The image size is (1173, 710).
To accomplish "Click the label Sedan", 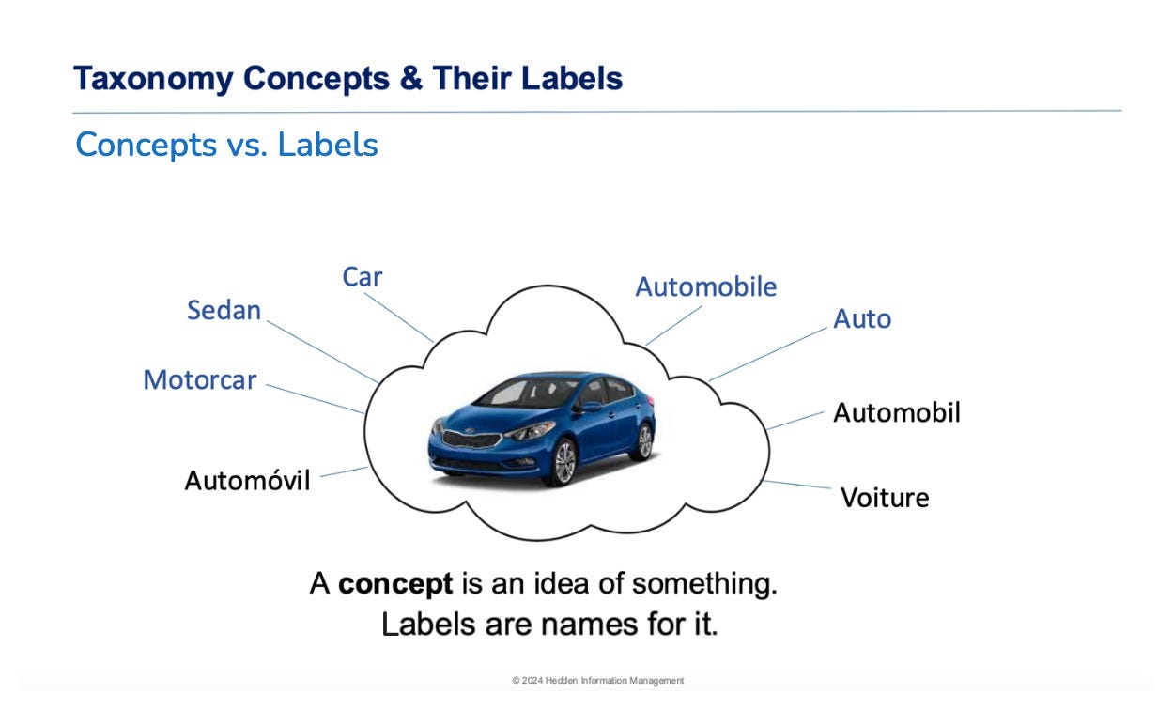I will (224, 310).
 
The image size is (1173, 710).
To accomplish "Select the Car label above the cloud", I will (363, 277).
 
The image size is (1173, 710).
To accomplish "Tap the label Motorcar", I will (199, 380).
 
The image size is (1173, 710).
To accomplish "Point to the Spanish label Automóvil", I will (247, 481).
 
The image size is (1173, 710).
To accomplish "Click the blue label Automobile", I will (706, 286).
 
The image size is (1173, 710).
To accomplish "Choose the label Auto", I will (862, 319).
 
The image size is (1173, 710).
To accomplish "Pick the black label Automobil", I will (897, 412).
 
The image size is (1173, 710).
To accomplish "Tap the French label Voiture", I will (885, 497).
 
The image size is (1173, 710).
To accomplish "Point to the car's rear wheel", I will (643, 441).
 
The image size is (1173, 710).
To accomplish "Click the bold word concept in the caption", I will (395, 584).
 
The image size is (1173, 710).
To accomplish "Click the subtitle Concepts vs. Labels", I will (226, 145).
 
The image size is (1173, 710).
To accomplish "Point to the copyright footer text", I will (597, 680).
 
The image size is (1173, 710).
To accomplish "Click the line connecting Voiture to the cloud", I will (796, 485).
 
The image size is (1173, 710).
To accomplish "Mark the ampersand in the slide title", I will (409, 78).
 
